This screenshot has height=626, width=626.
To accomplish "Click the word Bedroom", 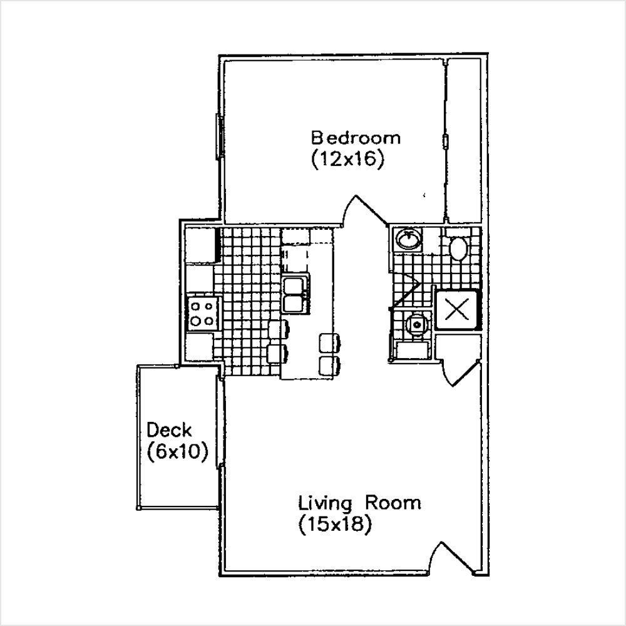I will click(356, 137).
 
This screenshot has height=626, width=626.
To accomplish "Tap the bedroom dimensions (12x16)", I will click(346, 159).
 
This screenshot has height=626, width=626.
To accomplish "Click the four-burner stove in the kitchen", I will click(202, 314).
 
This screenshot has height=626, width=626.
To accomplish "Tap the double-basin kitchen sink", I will click(294, 295).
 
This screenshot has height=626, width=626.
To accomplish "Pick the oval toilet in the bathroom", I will click(459, 250).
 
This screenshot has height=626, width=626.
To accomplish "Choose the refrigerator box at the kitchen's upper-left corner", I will click(200, 245).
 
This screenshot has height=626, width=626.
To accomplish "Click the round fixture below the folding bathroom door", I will click(414, 324).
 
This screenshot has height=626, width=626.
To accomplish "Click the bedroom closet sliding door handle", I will click(445, 140).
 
